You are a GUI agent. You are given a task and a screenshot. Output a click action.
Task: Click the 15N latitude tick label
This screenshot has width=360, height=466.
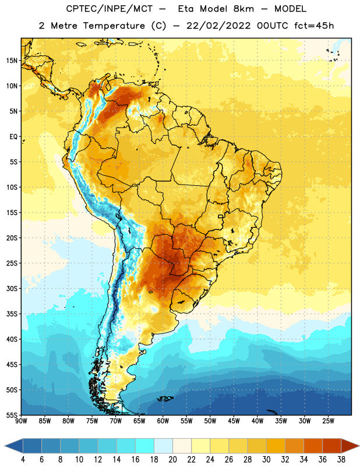click(12, 61)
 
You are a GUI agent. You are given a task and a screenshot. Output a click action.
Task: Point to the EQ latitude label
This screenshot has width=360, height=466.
click(13, 137)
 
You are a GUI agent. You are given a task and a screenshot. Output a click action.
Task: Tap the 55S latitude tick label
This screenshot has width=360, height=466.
click(12, 415)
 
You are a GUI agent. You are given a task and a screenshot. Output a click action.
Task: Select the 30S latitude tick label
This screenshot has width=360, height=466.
click(12, 288)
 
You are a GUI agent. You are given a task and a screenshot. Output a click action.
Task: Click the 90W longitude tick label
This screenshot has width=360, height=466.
click(21, 421)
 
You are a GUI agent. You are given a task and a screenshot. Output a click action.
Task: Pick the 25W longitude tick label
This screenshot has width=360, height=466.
click(328, 421)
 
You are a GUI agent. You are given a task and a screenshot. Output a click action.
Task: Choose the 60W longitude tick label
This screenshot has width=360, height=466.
click(163, 421)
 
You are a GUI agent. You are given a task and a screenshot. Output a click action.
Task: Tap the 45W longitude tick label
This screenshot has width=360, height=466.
click(234, 421)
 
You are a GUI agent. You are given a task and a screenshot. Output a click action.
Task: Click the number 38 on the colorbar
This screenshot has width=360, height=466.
click(341, 460)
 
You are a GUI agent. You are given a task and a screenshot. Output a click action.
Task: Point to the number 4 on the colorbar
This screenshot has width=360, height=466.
click(23, 460)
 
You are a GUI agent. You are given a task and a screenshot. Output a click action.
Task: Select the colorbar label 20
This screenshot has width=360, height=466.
click(172, 460)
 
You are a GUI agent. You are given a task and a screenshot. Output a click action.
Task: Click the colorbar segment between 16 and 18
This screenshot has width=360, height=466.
click(144, 446)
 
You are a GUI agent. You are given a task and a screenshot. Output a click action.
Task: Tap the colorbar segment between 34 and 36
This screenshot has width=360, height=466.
click(313, 446)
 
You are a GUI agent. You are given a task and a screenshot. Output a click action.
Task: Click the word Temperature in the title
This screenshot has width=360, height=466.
click(114, 26)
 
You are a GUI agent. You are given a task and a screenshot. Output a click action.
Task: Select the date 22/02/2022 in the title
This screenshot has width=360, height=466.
click(218, 26)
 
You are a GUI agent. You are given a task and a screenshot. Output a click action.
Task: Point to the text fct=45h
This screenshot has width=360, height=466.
click(314, 26)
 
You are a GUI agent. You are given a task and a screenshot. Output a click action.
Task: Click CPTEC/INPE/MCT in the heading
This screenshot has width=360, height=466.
click(109, 9)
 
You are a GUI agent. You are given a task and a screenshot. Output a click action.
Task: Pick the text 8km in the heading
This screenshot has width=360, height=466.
click(243, 9)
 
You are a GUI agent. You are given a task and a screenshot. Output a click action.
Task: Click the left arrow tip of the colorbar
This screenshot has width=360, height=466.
click(5, 446)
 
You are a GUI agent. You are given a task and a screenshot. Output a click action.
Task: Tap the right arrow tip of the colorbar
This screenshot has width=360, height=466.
click(359, 446)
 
